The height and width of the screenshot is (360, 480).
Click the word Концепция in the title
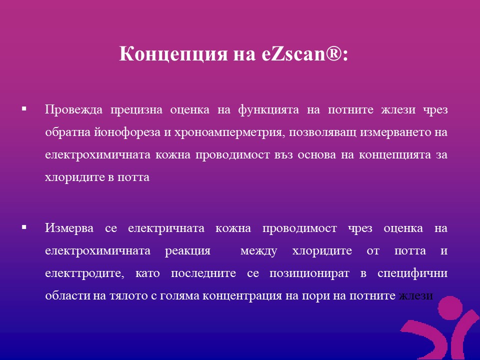click(174, 54)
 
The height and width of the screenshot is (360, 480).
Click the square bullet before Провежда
click(24, 108)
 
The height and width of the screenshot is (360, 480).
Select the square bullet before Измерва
click(24, 227)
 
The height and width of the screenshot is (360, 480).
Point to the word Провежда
click(74, 109)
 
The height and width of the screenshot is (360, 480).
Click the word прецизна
click(136, 110)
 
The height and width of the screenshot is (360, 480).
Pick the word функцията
click(268, 110)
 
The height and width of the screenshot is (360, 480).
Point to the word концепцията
click(395, 155)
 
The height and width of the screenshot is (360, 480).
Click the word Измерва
click(69, 228)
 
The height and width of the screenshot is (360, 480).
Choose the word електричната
click(166, 228)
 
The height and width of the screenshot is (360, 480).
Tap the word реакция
click(187, 251)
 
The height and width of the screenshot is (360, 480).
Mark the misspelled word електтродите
click(85, 273)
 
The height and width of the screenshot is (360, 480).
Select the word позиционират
click(309, 273)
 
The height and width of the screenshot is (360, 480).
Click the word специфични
click(412, 272)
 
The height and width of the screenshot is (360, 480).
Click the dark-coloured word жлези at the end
click(415, 295)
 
